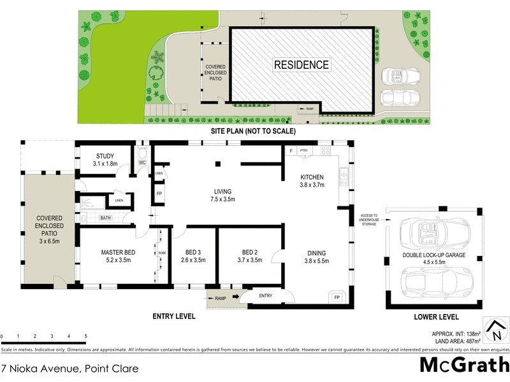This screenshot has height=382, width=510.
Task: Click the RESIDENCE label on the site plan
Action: coord(302,64)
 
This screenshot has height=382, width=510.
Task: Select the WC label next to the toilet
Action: coord(143,163)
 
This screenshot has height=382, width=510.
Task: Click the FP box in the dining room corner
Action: coord(335,297)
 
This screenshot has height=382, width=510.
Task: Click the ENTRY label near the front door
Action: coord(265,295)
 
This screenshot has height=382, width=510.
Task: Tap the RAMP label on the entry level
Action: coord(220,297)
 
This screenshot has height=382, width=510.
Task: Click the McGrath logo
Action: coord(463,365)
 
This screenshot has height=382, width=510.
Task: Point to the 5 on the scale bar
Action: coord(85,336)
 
